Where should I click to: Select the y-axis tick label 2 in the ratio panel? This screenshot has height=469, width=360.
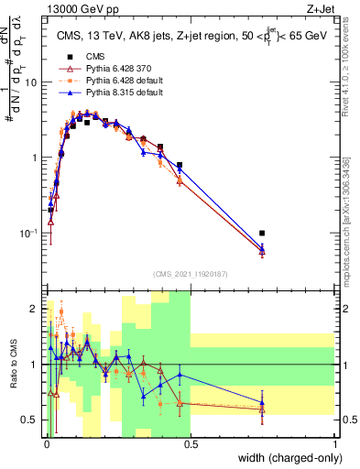35,309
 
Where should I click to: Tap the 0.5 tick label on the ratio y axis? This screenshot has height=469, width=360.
31,420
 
